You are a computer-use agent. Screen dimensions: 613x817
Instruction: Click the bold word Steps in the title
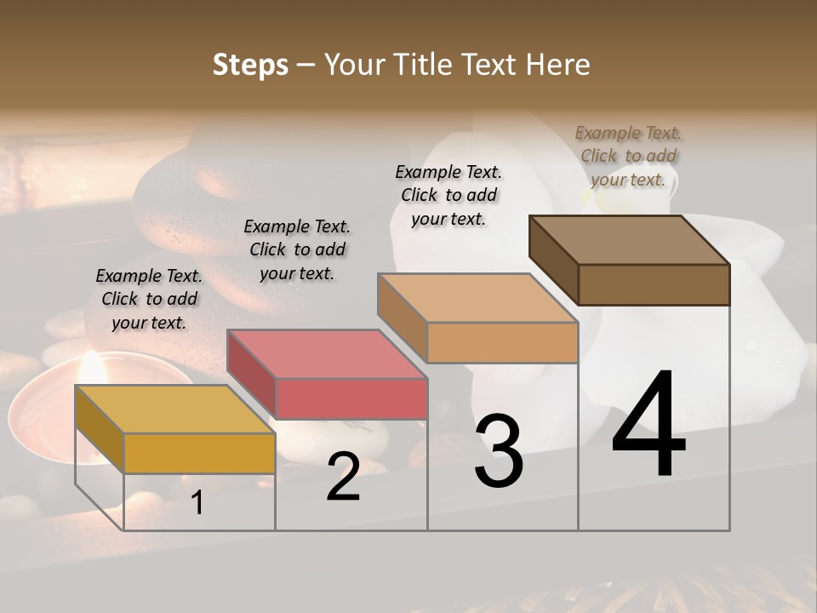click(250, 65)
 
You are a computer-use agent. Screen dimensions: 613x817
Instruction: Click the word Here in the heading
click(557, 65)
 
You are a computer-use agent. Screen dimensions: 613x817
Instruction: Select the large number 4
click(648, 426)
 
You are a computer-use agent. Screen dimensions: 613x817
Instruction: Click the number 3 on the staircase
click(499, 451)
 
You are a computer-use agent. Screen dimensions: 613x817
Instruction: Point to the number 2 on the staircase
click(343, 477)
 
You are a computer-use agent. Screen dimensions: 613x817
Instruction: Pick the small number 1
click(197, 503)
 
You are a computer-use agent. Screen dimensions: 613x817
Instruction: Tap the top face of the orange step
click(477, 298)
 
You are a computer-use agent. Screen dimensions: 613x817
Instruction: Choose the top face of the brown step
click(629, 240)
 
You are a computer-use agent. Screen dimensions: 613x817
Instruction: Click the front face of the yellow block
click(199, 454)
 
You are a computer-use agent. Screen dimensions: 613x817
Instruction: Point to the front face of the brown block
click(654, 284)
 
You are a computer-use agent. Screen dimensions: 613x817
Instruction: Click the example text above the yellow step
click(149, 300)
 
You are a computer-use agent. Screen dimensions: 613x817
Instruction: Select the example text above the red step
click(297, 250)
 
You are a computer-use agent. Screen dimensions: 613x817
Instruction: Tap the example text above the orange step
click(448, 195)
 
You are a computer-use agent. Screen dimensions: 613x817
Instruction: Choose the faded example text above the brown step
click(628, 156)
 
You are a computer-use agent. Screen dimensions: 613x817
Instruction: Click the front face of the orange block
click(502, 343)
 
